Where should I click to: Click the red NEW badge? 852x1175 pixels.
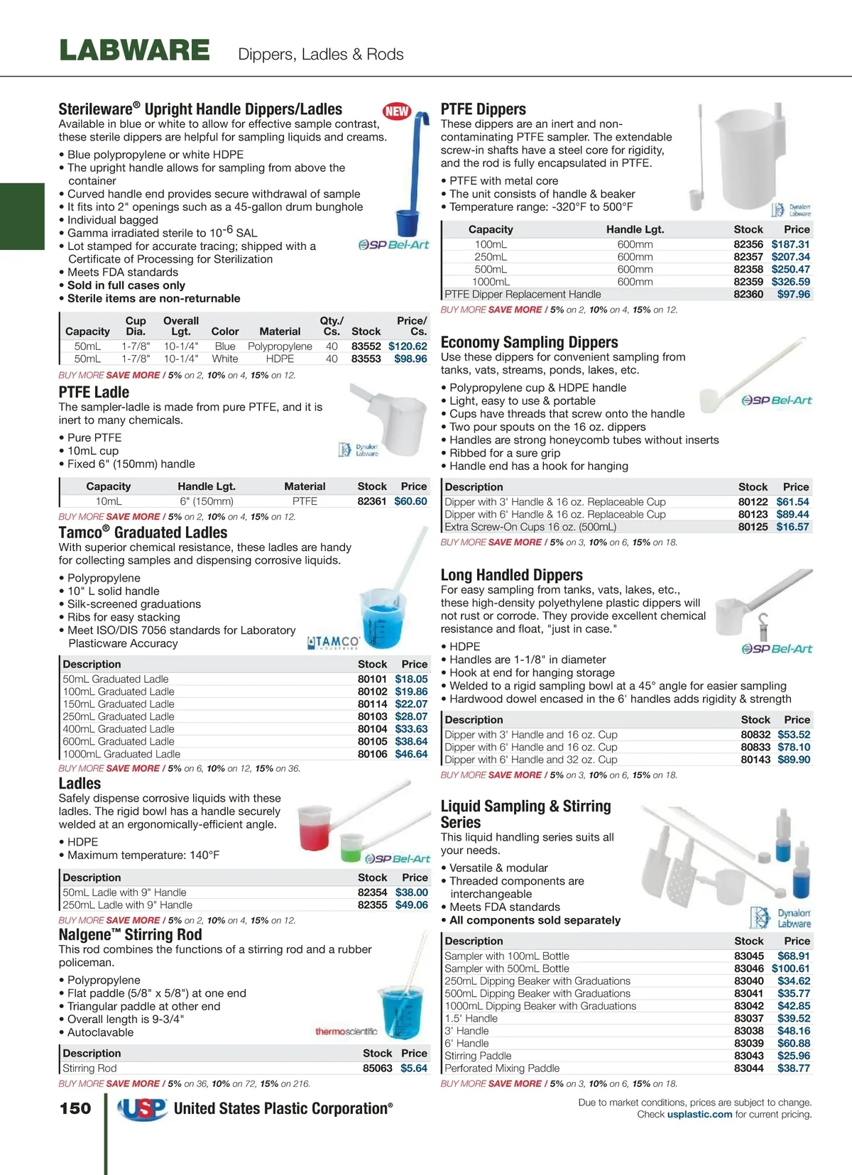pyautogui.click(x=397, y=111)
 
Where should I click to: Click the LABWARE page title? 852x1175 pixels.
pyautogui.click(x=135, y=51)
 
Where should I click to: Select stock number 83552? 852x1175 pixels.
pyautogui.click(x=366, y=346)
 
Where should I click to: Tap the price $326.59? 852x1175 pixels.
pyautogui.click(x=790, y=282)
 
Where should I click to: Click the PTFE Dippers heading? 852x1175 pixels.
pyautogui.click(x=484, y=109)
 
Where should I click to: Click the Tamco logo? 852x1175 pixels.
pyautogui.click(x=334, y=643)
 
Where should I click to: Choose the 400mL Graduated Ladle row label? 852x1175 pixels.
pyautogui.click(x=119, y=729)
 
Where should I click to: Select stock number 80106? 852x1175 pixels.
pyautogui.click(x=372, y=754)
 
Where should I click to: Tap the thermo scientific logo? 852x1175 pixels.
pyautogui.click(x=346, y=1031)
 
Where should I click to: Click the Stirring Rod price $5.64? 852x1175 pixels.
pyautogui.click(x=414, y=1069)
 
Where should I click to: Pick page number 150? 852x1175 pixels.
pyautogui.click(x=75, y=1108)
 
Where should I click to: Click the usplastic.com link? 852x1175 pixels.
pyautogui.click(x=699, y=1115)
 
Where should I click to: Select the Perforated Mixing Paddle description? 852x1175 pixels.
pyautogui.click(x=502, y=1069)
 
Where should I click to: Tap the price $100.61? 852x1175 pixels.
pyautogui.click(x=790, y=968)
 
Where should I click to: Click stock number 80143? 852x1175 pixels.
pyautogui.click(x=755, y=760)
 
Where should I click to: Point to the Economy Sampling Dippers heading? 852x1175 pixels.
pyautogui.click(x=529, y=342)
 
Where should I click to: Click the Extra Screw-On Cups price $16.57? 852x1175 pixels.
pyautogui.click(x=792, y=527)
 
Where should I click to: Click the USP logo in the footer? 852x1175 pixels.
pyautogui.click(x=142, y=1109)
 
